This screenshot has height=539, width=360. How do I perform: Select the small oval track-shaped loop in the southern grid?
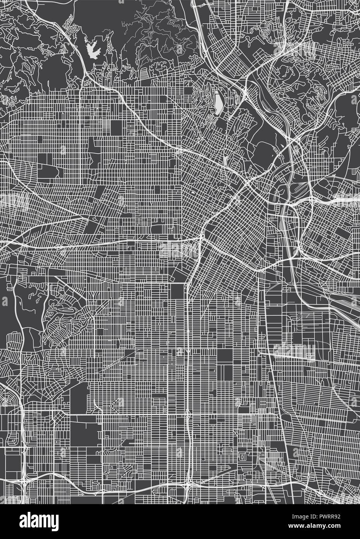[x=242, y=458]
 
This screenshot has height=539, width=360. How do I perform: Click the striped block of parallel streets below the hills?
[x=143, y=72]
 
